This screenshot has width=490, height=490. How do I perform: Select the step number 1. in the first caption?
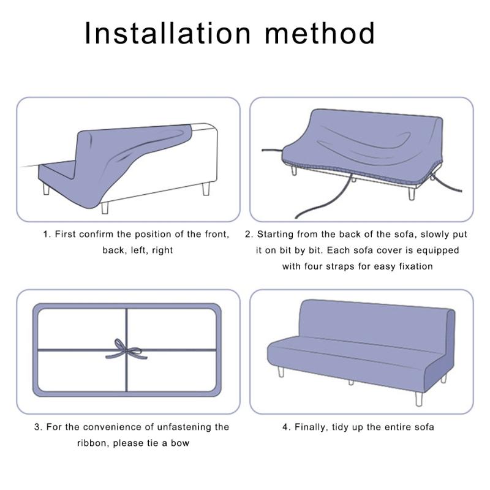[47, 234]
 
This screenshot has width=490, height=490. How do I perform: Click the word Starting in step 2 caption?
[277, 234]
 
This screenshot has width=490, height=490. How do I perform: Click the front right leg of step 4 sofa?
[418, 396]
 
